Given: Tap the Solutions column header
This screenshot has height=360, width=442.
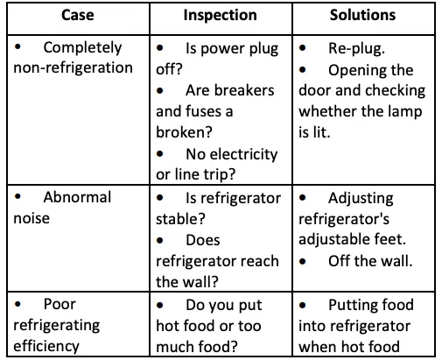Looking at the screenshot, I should click(x=362, y=15).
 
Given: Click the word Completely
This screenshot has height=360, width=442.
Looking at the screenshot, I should click(x=82, y=47).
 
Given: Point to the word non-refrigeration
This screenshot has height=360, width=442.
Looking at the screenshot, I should click(x=74, y=68).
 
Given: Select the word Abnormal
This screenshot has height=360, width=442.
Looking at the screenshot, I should click(x=77, y=197).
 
